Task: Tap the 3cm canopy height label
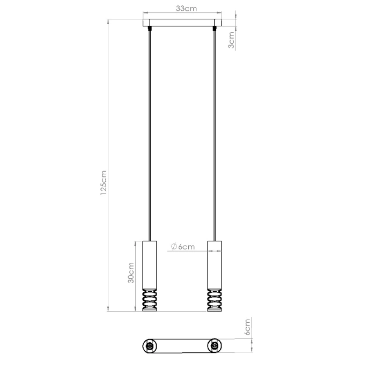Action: (x=231, y=40)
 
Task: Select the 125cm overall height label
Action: (x=104, y=182)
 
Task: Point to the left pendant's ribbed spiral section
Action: (x=150, y=300)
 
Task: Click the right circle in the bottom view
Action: (x=215, y=347)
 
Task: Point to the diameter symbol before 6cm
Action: (x=173, y=246)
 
